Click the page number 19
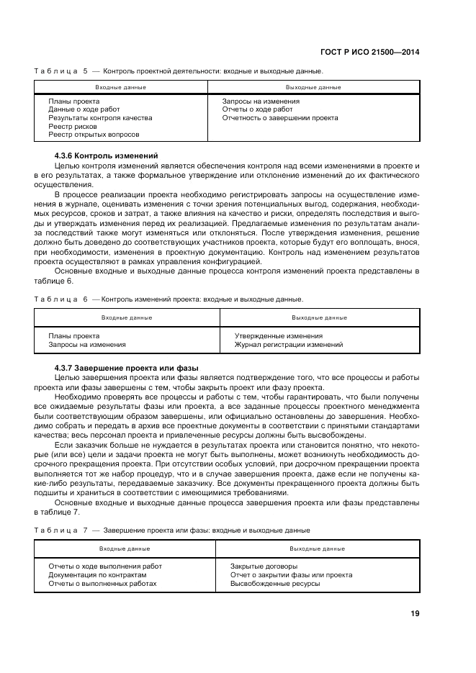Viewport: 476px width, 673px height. [x=415, y=614]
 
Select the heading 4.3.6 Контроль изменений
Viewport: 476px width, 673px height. [x=106, y=156]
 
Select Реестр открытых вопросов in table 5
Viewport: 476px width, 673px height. [x=94, y=135]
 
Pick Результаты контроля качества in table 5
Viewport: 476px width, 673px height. [x=100, y=117]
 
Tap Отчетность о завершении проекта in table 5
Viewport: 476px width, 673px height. [x=279, y=117]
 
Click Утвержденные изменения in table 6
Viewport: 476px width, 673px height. [x=279, y=336]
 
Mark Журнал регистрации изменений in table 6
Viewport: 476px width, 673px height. [x=289, y=345]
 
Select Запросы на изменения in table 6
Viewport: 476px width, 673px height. [x=87, y=345]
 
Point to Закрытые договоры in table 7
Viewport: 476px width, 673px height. [x=264, y=566]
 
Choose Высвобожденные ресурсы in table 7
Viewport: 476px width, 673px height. [x=275, y=584]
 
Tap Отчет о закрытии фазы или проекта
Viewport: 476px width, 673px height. [x=291, y=575]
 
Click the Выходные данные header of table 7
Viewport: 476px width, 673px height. [x=318, y=548]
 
